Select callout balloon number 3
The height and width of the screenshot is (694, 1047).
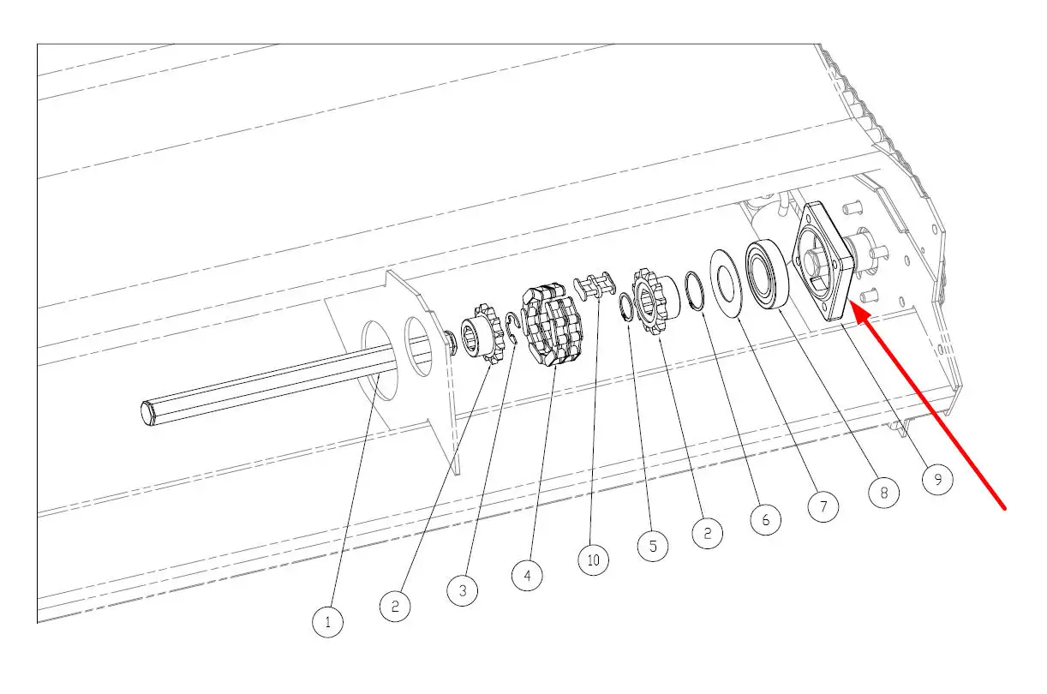click(463, 590)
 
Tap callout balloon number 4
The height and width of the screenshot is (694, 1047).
click(527, 576)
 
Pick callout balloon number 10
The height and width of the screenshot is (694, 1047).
click(593, 560)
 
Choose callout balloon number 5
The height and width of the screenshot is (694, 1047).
click(653, 547)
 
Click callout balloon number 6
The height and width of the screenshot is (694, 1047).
click(765, 519)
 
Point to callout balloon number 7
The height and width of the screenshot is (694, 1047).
click(823, 506)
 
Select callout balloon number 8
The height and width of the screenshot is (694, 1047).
click(883, 493)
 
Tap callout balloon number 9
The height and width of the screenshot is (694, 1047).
click(937, 479)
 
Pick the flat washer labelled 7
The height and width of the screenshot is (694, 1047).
click(727, 282)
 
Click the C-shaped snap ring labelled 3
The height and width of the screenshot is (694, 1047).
click(512, 330)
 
